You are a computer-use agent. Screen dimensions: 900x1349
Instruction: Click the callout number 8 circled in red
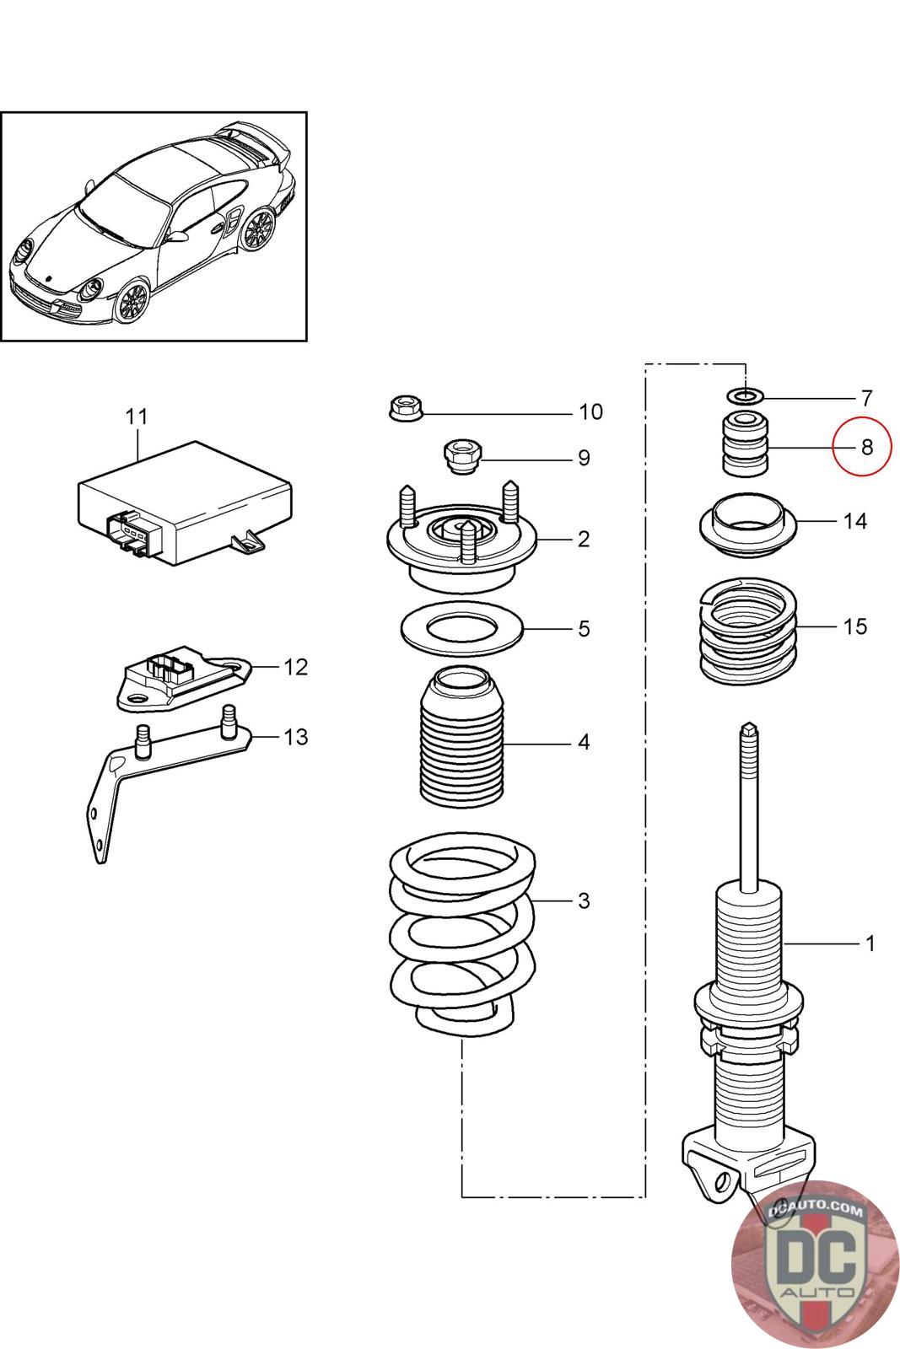(866, 447)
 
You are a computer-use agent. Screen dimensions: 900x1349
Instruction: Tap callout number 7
(866, 398)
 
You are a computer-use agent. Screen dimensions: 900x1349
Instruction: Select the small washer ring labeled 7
(746, 396)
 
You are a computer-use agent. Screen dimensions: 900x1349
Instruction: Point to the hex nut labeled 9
(461, 456)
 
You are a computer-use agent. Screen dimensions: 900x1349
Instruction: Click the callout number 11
(137, 417)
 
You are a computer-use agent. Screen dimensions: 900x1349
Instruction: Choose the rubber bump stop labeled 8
(746, 443)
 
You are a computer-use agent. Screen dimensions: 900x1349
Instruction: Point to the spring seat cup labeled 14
(748, 524)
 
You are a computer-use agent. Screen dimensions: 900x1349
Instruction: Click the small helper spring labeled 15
(748, 632)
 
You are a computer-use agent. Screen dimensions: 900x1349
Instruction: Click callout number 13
(296, 737)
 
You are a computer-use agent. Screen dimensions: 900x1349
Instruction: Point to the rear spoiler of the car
(256, 143)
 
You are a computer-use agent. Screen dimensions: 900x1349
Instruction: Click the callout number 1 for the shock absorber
(870, 943)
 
